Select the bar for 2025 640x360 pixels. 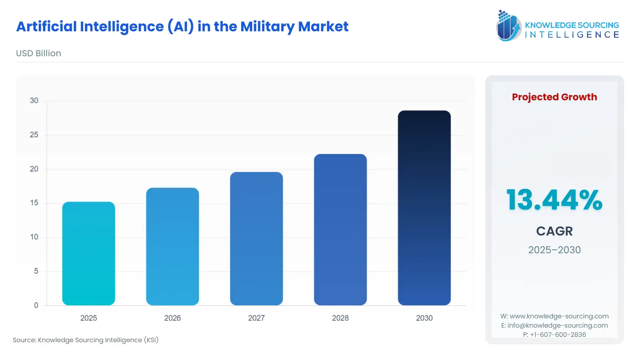coord(89,253)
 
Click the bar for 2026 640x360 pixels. coord(172,246)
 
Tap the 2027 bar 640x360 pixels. coord(256,238)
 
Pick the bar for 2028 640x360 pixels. coord(340,229)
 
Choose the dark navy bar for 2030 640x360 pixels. coord(424,208)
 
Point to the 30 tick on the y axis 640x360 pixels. coord(34,101)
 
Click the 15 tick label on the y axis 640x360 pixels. coord(34,203)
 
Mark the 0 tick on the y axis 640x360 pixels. coord(36,305)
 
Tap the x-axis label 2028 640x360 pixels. coord(340,318)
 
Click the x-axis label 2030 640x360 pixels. coord(424,318)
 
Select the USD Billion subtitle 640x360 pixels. coord(38,53)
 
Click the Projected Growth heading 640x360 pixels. coord(554,97)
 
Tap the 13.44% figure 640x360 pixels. coord(554,200)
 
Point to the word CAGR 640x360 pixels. coord(554,231)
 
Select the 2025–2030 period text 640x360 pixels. coord(554,250)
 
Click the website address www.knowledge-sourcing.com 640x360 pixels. coord(559,316)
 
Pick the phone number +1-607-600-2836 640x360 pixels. coord(558,335)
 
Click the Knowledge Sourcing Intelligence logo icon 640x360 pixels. coord(508,26)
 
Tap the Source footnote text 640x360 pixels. coord(86,340)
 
